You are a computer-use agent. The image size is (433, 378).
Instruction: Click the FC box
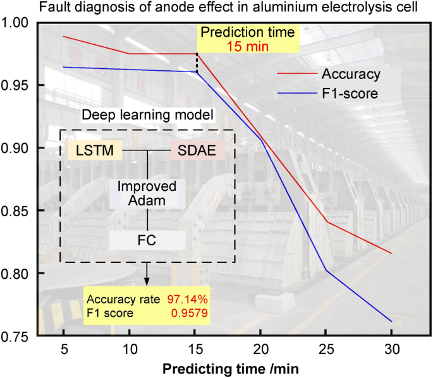click(x=147, y=240)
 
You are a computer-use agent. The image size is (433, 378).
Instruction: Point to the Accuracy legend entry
click(x=351, y=74)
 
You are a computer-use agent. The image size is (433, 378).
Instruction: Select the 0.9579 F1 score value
click(x=190, y=312)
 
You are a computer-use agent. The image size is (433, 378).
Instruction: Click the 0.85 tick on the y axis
click(x=19, y=210)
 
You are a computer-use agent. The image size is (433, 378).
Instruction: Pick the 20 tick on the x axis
click(x=260, y=349)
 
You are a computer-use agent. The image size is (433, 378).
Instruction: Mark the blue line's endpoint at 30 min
click(x=391, y=321)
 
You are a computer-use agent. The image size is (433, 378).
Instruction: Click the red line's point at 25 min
click(x=326, y=222)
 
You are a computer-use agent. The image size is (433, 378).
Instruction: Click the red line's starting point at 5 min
click(x=64, y=36)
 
